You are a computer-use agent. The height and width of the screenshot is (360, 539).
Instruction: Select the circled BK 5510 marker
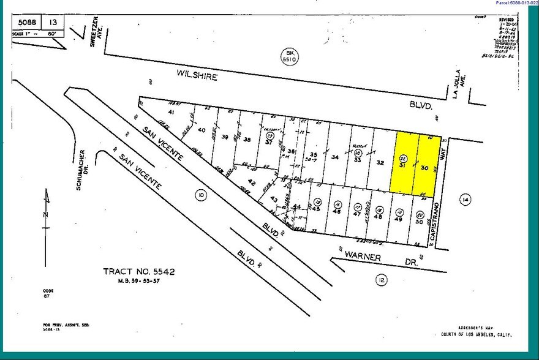tap(285, 56)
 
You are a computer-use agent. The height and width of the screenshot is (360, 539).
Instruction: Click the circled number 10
tap(200, 195)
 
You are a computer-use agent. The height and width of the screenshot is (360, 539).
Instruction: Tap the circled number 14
tap(465, 198)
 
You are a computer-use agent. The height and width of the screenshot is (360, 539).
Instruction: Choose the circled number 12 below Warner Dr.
tap(380, 280)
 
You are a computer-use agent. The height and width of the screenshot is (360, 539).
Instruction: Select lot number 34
tap(334, 157)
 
